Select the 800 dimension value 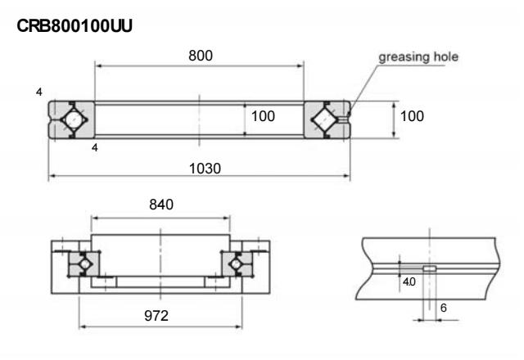click(200, 56)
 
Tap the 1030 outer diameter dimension click(200, 167)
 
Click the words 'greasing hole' click(418, 57)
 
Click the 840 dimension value click(160, 205)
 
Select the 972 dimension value click(160, 315)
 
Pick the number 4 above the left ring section click(38, 91)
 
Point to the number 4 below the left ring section click(93, 148)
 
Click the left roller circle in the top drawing click(72, 119)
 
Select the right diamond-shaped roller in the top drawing click(326, 119)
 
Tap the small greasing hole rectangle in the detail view click(428, 268)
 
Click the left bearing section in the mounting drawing click(80, 264)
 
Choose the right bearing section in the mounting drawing click(238, 264)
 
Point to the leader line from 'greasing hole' click(364, 86)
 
